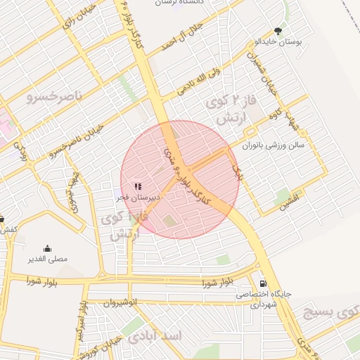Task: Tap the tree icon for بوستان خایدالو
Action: point(279,31)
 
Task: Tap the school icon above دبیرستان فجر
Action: point(138,186)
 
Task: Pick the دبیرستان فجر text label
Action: point(138,198)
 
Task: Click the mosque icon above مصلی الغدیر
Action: point(47,248)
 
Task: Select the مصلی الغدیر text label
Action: point(48,259)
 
